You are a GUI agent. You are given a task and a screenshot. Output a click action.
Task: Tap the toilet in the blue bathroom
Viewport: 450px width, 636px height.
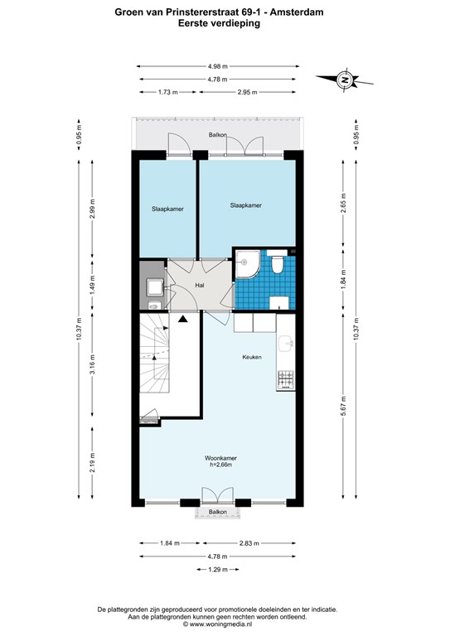(278, 263)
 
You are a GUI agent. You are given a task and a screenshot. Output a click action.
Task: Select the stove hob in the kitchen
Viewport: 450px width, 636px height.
(284, 378)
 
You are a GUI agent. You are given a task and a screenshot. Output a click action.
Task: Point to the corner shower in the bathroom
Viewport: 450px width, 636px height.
(245, 263)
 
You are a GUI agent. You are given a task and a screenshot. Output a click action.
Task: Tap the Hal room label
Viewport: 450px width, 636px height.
(200, 286)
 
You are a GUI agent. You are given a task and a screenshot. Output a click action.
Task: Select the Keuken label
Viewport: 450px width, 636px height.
(252, 357)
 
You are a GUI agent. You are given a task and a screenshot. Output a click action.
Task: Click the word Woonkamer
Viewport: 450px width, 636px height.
(220, 457)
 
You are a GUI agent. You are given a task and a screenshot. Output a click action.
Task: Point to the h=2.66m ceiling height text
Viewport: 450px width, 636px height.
(220, 465)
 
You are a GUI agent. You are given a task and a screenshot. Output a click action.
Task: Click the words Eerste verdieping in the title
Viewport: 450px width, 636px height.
(219, 24)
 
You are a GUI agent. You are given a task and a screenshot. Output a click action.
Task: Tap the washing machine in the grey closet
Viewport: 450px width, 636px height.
(153, 287)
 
